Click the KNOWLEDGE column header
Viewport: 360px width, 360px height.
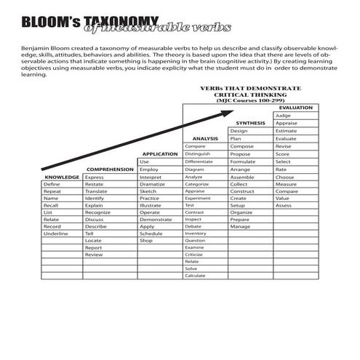click(61, 177)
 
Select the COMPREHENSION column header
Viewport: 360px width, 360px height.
click(110, 169)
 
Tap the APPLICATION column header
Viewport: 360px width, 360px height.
click(160, 154)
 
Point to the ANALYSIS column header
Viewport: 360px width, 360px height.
click(205, 138)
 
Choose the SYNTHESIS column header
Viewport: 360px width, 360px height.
click(250, 123)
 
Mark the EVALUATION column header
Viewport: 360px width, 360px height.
click(295, 108)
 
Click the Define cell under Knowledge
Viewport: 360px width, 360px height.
click(52, 185)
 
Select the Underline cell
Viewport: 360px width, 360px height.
click(55, 233)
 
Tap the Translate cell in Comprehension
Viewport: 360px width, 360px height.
click(97, 191)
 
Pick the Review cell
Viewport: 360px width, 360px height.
click(94, 255)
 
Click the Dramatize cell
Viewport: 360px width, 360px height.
click(153, 185)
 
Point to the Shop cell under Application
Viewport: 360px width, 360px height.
click(147, 240)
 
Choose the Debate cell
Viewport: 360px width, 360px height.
click(193, 225)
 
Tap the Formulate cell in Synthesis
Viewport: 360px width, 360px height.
click(242, 161)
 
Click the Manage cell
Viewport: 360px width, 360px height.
click(240, 226)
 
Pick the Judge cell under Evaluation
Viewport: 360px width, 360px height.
click(283, 116)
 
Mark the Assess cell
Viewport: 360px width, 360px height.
click(284, 206)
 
